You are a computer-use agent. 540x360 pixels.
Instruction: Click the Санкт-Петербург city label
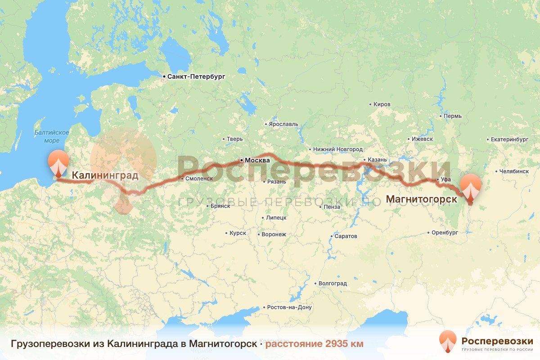point(196,77)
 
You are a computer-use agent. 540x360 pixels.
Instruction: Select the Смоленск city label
point(198,179)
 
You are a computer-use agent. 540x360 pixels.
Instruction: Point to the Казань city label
point(377,160)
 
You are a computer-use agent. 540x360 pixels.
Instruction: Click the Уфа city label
point(446,180)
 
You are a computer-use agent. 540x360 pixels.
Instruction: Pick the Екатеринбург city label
point(509,139)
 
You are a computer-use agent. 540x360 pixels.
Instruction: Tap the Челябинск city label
point(513,171)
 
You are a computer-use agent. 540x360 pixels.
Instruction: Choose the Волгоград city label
point(332,283)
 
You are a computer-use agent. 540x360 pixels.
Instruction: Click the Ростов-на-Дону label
point(289,308)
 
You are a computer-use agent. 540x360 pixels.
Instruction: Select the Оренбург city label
point(445,233)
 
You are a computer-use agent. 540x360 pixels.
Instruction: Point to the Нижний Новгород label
point(338,149)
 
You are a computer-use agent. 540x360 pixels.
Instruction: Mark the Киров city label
point(382,104)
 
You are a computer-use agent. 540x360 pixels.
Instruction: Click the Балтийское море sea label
point(52,136)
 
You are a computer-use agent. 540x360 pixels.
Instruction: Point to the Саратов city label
point(346,236)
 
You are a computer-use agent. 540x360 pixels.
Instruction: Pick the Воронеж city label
point(274,234)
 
